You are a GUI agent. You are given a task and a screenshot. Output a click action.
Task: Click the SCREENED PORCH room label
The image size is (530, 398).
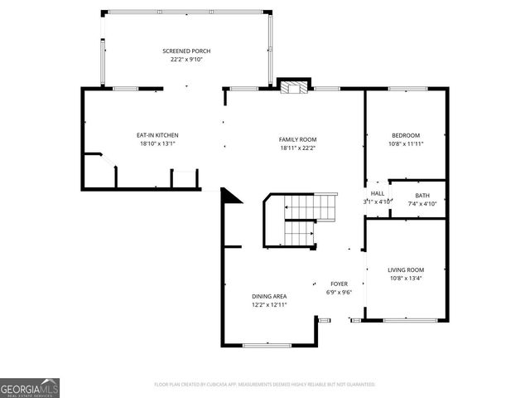coord(185,51)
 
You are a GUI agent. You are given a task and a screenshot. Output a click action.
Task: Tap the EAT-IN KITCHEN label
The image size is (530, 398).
coord(157,135)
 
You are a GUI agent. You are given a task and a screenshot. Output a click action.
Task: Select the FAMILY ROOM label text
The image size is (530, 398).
coord(298,139)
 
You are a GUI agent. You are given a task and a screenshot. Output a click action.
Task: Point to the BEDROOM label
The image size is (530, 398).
coord(406,135)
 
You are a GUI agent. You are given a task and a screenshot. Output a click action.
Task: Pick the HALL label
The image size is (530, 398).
coord(378,193)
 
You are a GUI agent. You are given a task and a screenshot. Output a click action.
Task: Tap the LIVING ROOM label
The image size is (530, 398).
coord(406,270)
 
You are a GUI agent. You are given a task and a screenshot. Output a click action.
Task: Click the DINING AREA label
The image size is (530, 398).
coord(269,296)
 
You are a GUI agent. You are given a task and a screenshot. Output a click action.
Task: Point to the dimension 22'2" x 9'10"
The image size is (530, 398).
coord(185,60)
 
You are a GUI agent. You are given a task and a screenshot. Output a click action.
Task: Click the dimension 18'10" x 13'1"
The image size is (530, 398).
coord(157,143)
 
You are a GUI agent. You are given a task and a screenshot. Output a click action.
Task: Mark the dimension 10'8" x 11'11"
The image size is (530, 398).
coord(406,143)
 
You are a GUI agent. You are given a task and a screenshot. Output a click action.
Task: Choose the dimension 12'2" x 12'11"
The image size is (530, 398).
coord(269,304)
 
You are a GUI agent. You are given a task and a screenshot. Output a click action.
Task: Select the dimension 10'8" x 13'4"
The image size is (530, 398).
coord(406,279)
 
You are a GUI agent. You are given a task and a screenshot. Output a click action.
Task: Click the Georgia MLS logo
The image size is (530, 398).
coord(30,387)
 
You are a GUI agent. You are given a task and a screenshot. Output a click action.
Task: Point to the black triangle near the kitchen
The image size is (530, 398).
coord(229,196)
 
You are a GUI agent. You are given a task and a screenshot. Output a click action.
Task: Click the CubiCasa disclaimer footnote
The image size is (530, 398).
coord(265,385)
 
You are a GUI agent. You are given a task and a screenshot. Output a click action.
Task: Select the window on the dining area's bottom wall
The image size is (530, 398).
coord(267,344)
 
